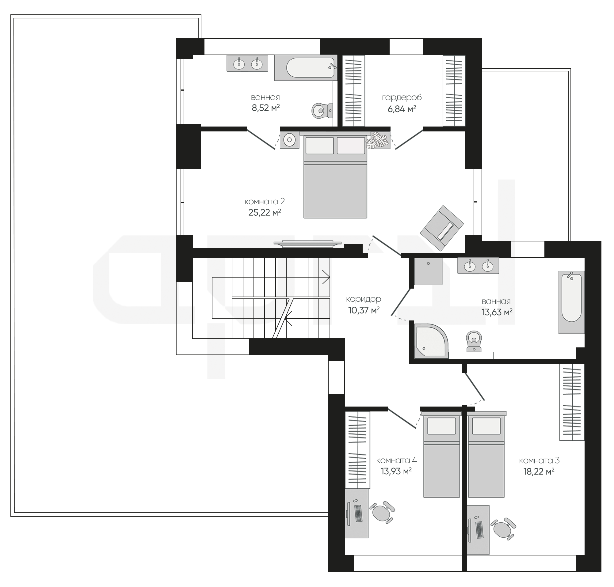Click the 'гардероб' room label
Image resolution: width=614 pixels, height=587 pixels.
tap(402, 98)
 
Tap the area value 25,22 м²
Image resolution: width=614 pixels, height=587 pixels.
tap(265, 212)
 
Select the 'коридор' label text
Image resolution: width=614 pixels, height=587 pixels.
tap(364, 299)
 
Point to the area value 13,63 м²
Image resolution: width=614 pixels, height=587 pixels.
tap(497, 312)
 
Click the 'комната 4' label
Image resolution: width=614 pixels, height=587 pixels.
tap(396, 460)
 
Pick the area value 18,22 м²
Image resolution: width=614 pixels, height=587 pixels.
tap(539, 471)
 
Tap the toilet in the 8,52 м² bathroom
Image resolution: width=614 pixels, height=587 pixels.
tap(322, 111)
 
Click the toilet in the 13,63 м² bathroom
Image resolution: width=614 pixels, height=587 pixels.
tap(474, 341)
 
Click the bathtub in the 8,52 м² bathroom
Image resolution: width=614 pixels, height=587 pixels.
tap(306, 68)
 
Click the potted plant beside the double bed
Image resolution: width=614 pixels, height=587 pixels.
tap(378, 140)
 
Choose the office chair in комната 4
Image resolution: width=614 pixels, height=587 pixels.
tap(382, 512)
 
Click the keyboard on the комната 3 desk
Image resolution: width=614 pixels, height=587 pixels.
tap(479, 530)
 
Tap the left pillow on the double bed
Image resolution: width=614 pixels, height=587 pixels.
tap(319, 146)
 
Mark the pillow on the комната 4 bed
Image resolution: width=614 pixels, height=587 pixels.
tap(441, 426)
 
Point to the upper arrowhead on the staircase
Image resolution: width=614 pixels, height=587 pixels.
tap(326, 277)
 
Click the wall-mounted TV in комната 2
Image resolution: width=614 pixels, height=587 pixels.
tap(307, 244)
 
